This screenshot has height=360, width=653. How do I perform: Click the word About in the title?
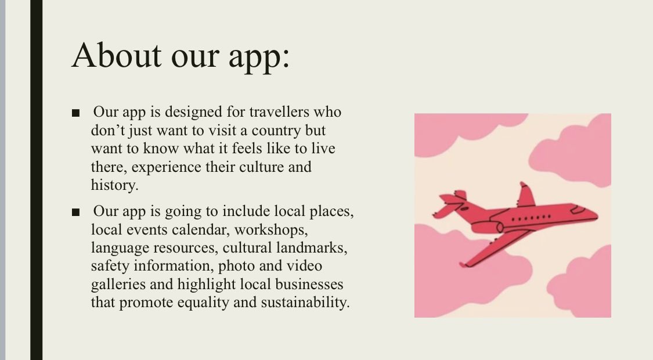pos(116,56)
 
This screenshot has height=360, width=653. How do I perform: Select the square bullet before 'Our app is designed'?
pos(76,113)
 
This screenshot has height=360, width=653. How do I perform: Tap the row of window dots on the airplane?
pos(535,217)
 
